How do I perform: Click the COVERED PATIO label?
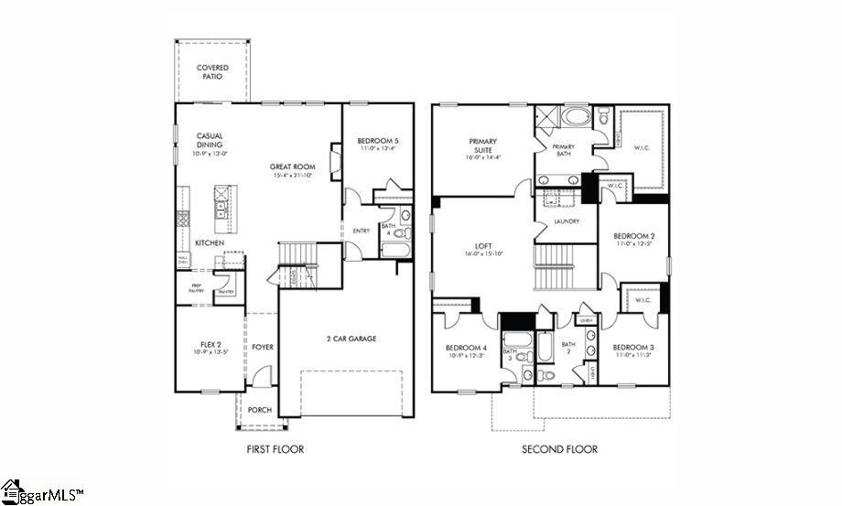[212, 72]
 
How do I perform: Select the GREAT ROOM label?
[291, 170]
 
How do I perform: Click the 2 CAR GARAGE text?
[351, 339]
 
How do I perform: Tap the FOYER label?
[263, 347]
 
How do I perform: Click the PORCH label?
[260, 410]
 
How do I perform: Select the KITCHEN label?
[210, 243]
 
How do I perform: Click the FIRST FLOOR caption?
[275, 449]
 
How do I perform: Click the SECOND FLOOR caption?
[559, 449]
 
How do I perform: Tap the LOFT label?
[484, 248]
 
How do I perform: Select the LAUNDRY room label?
[567, 221]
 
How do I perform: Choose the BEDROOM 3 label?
[633, 351]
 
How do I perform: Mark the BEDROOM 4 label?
[466, 351]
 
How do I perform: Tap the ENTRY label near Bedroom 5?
[361, 231]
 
